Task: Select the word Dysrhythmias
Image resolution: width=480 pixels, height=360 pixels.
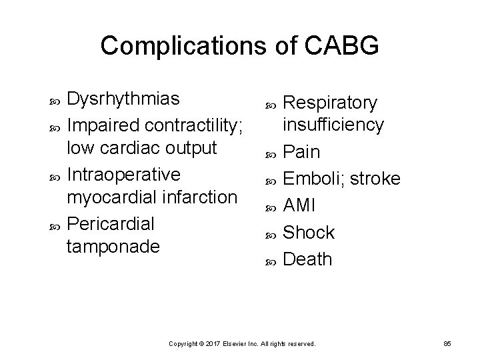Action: coord(124,99)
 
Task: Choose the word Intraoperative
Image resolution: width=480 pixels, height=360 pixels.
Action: coord(124,174)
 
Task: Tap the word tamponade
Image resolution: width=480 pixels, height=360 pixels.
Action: coord(113,247)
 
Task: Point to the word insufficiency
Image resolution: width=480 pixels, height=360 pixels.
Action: coord(333,125)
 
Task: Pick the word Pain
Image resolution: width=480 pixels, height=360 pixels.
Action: coord(302,153)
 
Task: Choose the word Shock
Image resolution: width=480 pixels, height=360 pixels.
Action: coord(309,232)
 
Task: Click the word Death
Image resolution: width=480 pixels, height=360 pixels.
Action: coord(307,259)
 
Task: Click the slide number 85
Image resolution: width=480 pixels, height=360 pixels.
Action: coord(447,343)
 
